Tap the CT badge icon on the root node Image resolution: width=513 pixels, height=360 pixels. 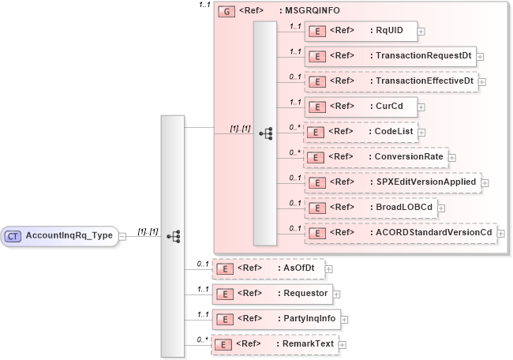click(13, 235)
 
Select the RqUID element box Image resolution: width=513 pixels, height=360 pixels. click(361, 32)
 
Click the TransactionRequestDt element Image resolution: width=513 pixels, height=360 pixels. click(390, 57)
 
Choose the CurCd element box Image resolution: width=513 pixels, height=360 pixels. click(361, 107)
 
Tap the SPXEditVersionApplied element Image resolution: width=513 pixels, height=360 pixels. click(393, 182)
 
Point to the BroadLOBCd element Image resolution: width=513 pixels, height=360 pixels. click(370, 208)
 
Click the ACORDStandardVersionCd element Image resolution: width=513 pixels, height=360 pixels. click(399, 233)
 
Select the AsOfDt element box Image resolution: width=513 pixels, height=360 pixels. click(268, 268)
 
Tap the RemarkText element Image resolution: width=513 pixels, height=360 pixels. click(273, 344)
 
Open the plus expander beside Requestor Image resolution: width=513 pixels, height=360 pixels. click(336, 294)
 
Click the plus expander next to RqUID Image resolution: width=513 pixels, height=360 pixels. click(421, 32)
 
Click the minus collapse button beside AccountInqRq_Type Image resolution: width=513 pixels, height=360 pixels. click(122, 235)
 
